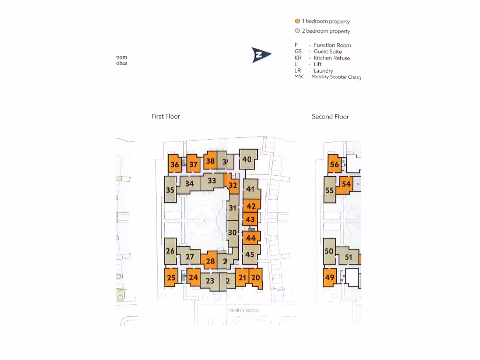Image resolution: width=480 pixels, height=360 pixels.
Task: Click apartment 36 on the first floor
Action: pyautogui.click(x=174, y=165)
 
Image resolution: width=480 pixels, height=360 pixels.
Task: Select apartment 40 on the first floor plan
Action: pyautogui.click(x=247, y=159)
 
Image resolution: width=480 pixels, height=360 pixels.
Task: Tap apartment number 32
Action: pyautogui.click(x=233, y=185)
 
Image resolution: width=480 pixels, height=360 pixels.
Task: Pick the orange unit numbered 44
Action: pyautogui.click(x=251, y=238)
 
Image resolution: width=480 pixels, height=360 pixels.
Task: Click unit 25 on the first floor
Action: pyautogui.click(x=171, y=277)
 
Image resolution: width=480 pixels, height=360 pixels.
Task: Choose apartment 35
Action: pyautogui.click(x=170, y=190)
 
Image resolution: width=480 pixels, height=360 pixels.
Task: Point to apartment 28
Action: pyautogui.click(x=210, y=261)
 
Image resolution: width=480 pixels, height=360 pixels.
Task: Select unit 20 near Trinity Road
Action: pyautogui.click(x=255, y=277)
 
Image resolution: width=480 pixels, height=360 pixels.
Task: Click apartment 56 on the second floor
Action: pyautogui.click(x=334, y=165)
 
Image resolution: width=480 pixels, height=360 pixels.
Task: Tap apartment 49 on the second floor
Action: pyautogui.click(x=330, y=277)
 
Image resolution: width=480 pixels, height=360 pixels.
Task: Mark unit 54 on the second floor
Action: pyautogui.click(x=346, y=184)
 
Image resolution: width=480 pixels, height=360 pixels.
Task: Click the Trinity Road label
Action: pyautogui.click(x=243, y=311)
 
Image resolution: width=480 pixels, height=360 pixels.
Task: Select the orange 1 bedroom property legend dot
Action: pyautogui.click(x=297, y=22)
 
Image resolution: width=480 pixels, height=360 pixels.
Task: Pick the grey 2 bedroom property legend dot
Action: pyautogui.click(x=297, y=31)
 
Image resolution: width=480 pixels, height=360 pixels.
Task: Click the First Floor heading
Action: pyautogui.click(x=165, y=116)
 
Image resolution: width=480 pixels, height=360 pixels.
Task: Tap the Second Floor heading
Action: pyautogui.click(x=330, y=117)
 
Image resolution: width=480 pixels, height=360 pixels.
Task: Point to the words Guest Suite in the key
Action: pyautogui.click(x=328, y=52)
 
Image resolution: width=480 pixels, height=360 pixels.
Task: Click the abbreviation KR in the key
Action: pyautogui.click(x=299, y=58)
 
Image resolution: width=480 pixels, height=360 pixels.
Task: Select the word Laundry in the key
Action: pyautogui.click(x=323, y=71)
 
